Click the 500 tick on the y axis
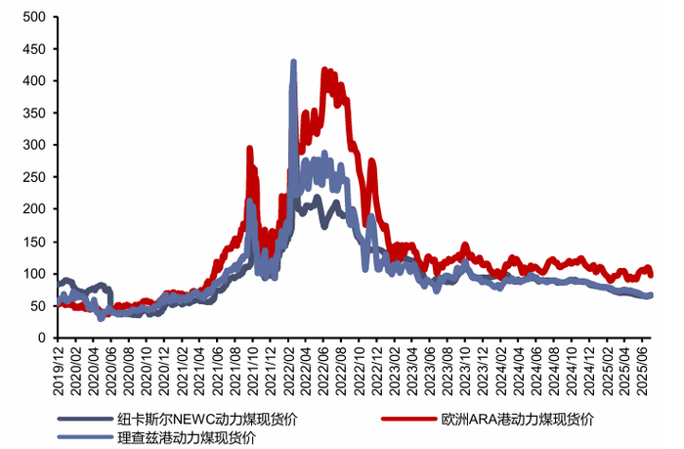click(x=33, y=17)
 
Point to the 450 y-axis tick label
click(x=33, y=49)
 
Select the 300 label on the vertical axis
click(x=33, y=145)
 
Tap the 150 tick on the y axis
click(x=33, y=242)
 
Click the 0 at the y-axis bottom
click(x=41, y=337)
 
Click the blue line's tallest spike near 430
click(x=294, y=63)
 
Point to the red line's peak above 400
click(x=325, y=70)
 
